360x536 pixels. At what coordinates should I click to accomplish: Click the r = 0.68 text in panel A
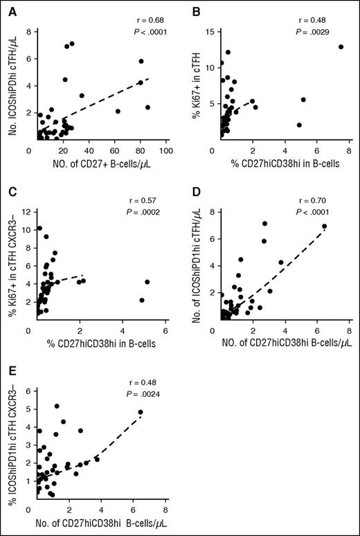[143, 10]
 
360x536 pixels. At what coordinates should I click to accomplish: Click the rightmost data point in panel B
[341, 46]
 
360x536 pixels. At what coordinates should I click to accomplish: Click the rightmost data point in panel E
[141, 412]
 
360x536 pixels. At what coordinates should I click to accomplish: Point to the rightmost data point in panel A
[147, 107]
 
